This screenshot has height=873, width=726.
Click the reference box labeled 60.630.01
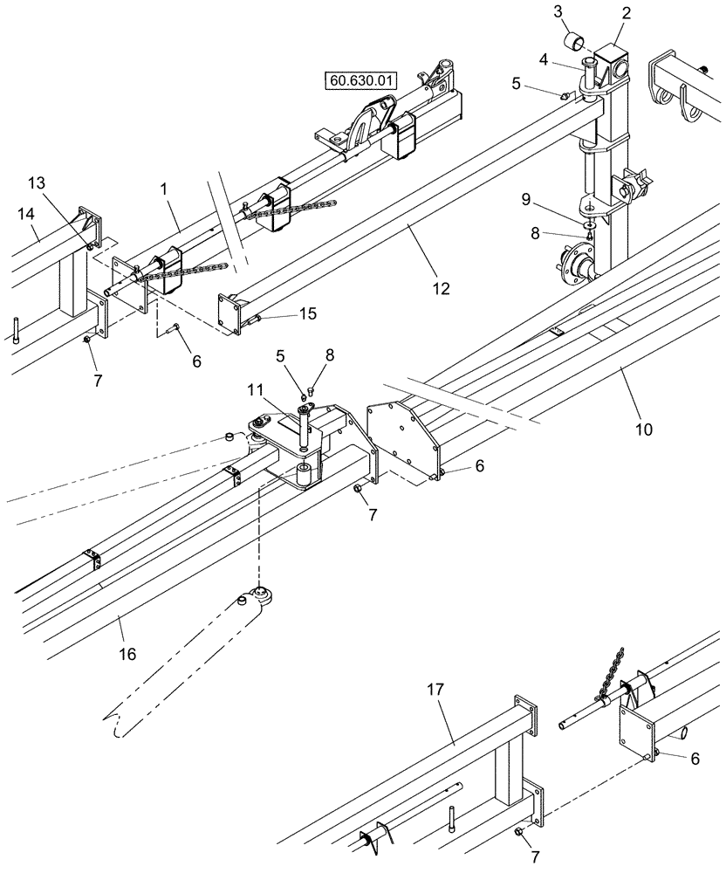point(361,82)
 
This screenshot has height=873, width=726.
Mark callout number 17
point(435,689)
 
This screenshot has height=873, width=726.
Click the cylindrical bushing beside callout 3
point(576,42)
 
